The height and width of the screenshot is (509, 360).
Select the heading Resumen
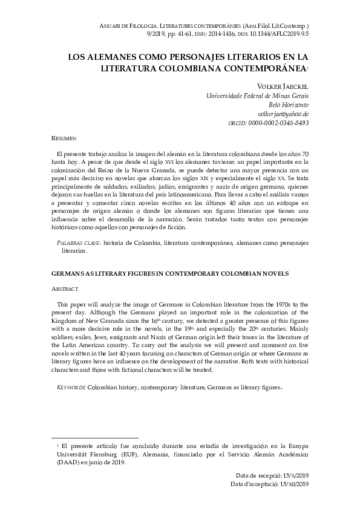coord(64,138)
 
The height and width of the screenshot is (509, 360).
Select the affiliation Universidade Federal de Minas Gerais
coord(258,96)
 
